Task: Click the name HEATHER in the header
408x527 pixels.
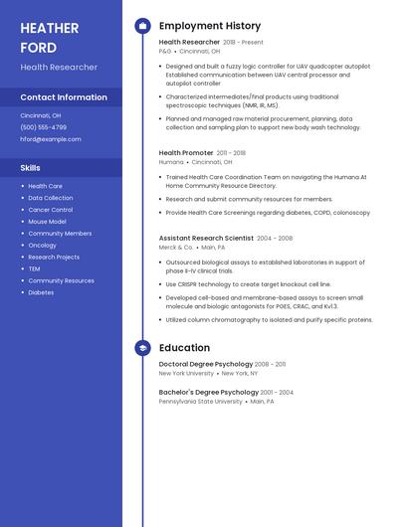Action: point(50,28)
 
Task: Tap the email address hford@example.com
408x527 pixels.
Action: point(51,139)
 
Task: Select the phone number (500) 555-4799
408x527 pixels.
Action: point(44,127)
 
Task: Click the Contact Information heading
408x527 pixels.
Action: point(64,97)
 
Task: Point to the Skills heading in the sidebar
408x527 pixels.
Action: point(31,167)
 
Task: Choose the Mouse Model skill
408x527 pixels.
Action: point(47,222)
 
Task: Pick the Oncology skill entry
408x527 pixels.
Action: point(42,246)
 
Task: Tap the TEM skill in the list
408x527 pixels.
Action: point(34,268)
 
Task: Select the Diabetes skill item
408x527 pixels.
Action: point(41,292)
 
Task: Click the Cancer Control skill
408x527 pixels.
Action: point(50,210)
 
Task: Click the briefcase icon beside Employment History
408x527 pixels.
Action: point(143,26)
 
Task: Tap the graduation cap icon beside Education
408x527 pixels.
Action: point(143,348)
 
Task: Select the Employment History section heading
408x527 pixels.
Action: point(210,26)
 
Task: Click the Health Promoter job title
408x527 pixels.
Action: point(186,153)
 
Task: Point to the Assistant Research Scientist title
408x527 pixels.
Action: point(206,239)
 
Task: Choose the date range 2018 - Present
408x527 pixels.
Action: point(243,43)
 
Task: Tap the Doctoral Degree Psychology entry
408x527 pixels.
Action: point(206,365)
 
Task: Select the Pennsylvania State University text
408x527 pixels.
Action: point(200,402)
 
